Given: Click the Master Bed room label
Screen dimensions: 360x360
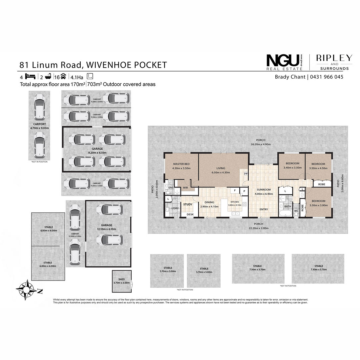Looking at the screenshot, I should coord(181,164).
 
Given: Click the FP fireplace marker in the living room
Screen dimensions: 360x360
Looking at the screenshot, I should coord(246,174).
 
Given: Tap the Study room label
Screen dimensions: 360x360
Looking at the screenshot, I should coord(188,205).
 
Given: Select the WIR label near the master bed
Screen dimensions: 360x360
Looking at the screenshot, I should coord(186,188).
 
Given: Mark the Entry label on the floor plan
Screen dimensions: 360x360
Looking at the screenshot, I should coord(264,209).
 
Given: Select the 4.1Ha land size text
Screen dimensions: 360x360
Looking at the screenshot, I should coord(77,77).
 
